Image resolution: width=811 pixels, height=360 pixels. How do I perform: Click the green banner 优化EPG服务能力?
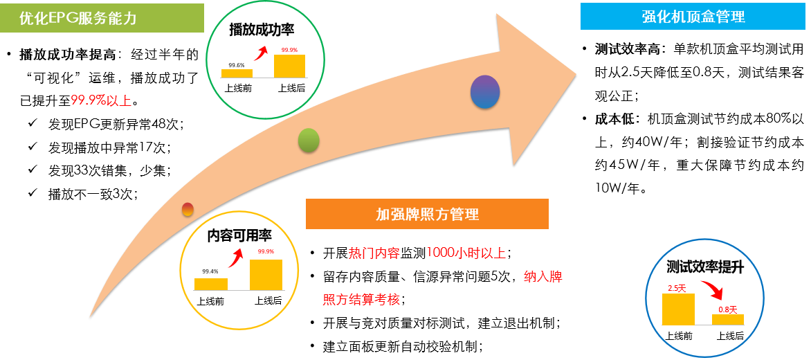[102, 18]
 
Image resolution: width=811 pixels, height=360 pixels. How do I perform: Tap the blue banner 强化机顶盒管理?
[693, 17]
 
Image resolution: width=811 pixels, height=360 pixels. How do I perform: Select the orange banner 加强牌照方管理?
[427, 214]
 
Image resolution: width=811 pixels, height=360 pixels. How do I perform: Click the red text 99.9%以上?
[101, 100]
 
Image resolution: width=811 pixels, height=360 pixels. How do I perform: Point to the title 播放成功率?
[262, 30]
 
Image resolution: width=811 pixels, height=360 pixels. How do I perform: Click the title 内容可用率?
[239, 235]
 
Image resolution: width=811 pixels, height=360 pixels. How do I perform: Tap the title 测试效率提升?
[704, 267]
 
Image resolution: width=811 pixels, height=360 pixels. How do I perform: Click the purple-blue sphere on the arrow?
[485, 91]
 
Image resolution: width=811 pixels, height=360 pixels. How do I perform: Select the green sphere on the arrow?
[309, 141]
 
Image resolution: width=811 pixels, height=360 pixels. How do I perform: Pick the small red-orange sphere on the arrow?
[188, 209]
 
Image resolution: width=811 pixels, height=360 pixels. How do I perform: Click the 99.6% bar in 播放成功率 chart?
[237, 73]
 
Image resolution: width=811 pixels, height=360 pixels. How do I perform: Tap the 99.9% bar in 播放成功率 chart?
[289, 66]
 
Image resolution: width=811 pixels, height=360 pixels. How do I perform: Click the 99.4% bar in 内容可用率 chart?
[211, 284]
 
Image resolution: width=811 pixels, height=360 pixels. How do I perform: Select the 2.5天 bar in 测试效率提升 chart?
[678, 309]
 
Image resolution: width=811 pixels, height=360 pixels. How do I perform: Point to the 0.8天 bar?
[728, 320]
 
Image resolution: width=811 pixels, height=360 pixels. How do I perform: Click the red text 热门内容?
[374, 253]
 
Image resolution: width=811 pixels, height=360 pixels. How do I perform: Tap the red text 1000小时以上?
[466, 253]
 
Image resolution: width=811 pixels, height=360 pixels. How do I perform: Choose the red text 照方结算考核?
[361, 300]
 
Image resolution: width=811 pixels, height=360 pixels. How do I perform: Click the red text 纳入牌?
[543, 278]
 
